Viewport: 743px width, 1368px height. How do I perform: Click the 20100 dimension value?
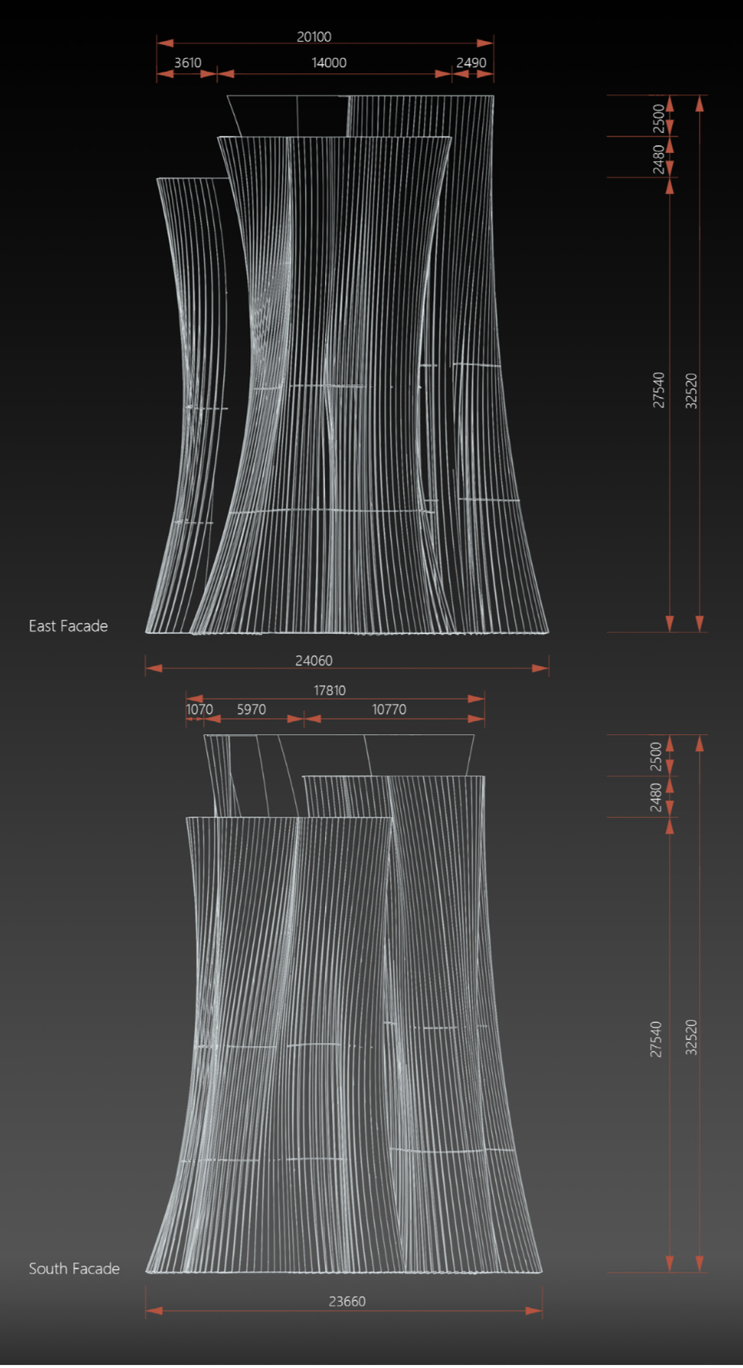click(x=314, y=37)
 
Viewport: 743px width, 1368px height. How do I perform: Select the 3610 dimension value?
click(x=188, y=63)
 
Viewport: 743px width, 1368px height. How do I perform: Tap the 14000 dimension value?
click(x=329, y=63)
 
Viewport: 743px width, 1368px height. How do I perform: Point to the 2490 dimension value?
click(x=471, y=63)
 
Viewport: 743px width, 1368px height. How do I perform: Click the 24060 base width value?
click(x=314, y=661)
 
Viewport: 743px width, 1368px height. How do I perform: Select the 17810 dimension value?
click(x=330, y=690)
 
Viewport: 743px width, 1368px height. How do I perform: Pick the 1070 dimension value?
click(x=199, y=709)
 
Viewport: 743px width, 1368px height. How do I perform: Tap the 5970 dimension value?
click(x=251, y=709)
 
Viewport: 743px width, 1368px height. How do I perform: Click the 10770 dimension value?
click(x=389, y=709)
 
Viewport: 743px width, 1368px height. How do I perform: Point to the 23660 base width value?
click(x=347, y=1302)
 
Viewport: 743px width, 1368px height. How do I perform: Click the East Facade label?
click(x=68, y=626)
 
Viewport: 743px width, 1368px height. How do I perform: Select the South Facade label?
click(x=74, y=1268)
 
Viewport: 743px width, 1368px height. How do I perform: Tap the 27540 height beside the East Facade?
click(x=658, y=390)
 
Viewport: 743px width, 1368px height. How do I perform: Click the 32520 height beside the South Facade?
click(x=691, y=1037)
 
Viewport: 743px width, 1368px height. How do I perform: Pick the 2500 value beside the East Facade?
click(x=658, y=117)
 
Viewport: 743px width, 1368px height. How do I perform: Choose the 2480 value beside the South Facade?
click(x=656, y=797)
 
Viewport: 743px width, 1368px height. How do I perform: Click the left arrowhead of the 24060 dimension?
click(x=154, y=668)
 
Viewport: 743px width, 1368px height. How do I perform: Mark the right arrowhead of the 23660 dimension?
click(x=534, y=1311)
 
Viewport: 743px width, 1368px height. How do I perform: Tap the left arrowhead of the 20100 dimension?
click(x=165, y=43)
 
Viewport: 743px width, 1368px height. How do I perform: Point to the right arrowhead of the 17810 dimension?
click(x=477, y=699)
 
